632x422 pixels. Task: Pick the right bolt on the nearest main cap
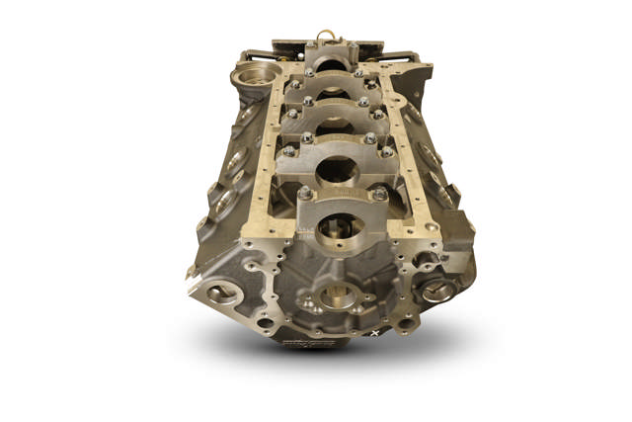[380, 195]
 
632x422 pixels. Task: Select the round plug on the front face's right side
[437, 291]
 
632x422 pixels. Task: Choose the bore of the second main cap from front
[338, 170]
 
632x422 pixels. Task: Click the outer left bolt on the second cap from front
[289, 151]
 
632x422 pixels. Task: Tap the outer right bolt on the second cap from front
[387, 151]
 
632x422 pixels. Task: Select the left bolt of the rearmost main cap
[309, 71]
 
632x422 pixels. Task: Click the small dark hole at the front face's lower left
[265, 321]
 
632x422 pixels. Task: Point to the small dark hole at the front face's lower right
[403, 322]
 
